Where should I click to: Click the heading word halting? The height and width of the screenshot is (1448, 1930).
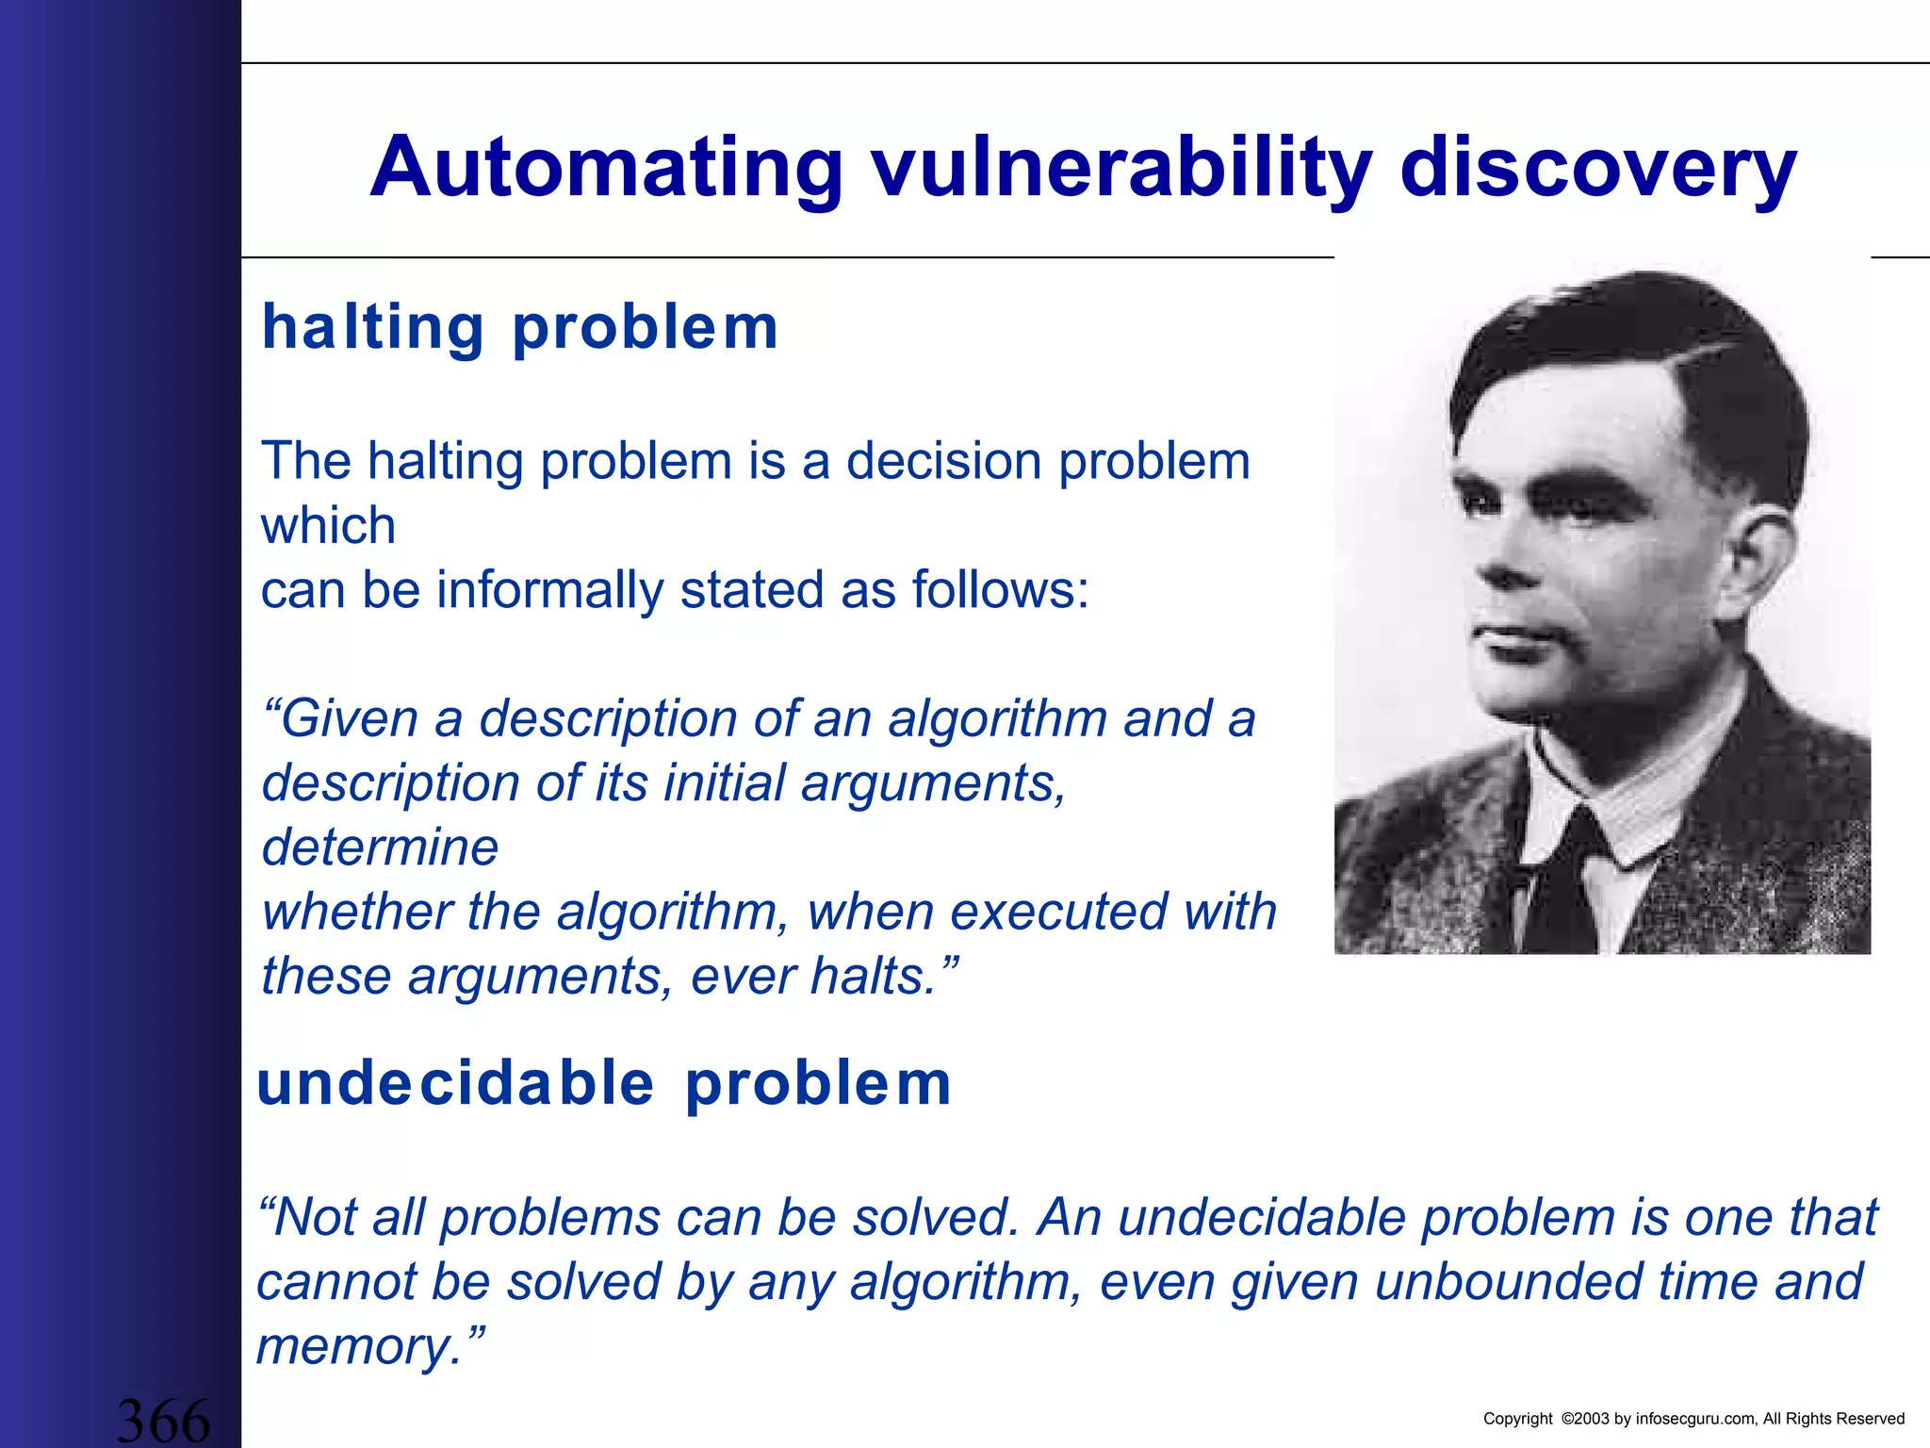coord(373,327)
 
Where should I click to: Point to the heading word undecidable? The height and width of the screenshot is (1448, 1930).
coord(455,1083)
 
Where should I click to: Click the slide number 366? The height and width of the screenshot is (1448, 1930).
coord(163,1420)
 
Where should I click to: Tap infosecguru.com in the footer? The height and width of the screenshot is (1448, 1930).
coord(1695,1419)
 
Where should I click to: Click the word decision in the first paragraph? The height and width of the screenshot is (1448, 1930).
coord(943,461)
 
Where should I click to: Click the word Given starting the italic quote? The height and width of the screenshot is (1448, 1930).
coord(350,718)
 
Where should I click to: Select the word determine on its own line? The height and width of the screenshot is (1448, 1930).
coord(380,847)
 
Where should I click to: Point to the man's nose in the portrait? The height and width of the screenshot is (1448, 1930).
coord(1498,566)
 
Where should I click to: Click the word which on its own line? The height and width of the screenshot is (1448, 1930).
coord(328,525)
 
